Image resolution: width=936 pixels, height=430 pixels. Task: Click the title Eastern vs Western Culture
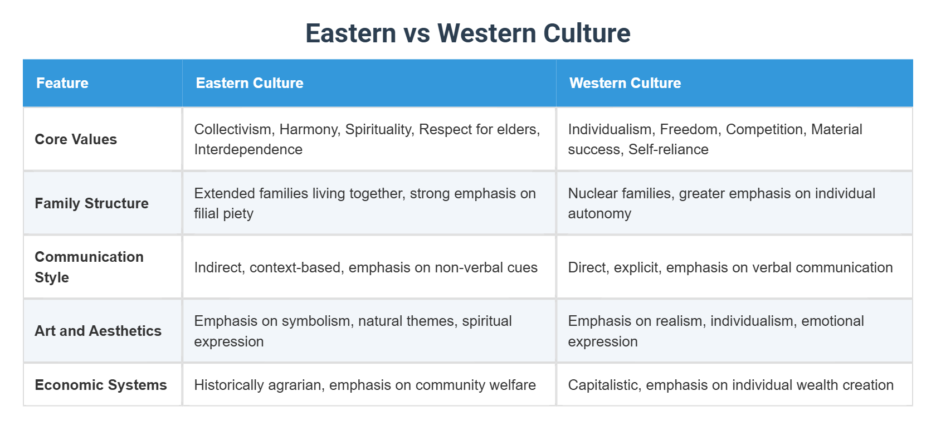pos(467,33)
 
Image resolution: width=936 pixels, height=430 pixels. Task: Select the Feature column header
pos(62,83)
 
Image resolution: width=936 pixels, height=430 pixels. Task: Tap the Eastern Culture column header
pos(250,83)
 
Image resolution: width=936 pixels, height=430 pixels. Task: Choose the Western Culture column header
pos(625,83)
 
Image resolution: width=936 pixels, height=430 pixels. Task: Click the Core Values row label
pos(76,139)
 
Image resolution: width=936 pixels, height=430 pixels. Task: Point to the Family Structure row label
pos(91,203)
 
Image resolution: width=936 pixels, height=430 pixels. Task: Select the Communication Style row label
pos(89,267)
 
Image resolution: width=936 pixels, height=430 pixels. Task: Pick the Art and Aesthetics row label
pos(98,331)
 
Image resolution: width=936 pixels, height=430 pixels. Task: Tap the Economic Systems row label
pos(101,385)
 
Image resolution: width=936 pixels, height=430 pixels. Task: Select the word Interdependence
pos(248,149)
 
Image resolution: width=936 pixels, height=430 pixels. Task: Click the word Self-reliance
pos(668,149)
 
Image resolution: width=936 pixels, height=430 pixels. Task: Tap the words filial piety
pos(223,213)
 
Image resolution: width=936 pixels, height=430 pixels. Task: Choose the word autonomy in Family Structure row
pos(599,213)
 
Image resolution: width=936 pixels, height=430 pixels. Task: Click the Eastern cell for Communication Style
pos(365,267)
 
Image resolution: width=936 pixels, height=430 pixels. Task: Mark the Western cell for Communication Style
pos(730,267)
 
